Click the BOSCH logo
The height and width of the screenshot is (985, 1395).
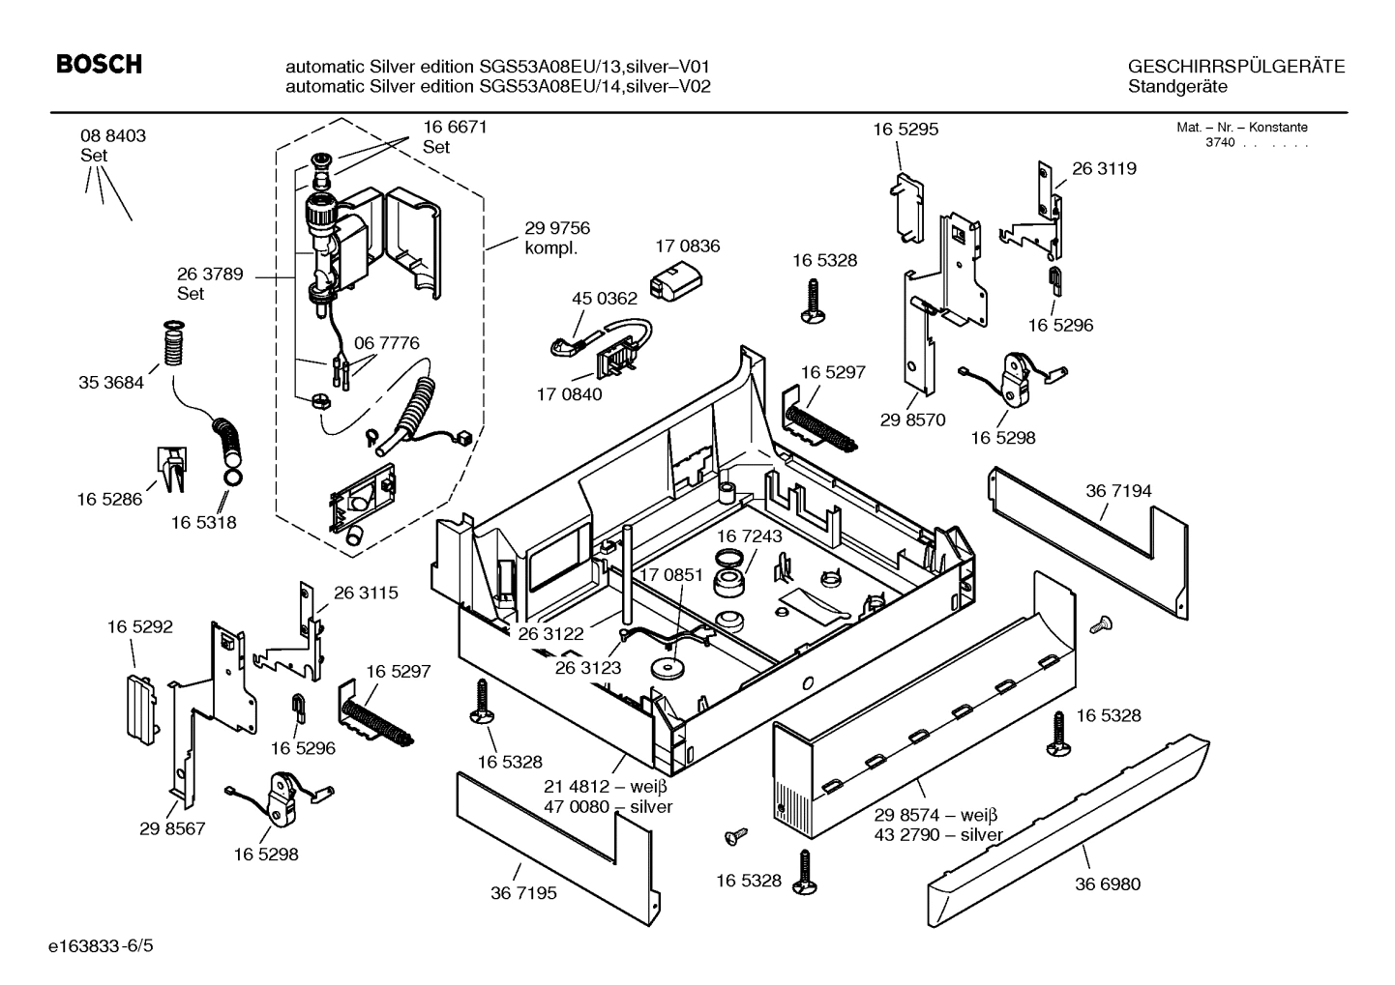coord(99,65)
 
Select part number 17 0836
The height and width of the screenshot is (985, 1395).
coord(687,246)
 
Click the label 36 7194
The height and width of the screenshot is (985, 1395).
coord(1118,491)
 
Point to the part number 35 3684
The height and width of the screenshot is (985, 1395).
coord(110,383)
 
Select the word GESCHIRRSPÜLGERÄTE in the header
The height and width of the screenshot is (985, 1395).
coord(1236,67)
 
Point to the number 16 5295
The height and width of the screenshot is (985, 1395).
coord(905,129)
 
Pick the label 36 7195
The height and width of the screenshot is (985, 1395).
coord(523,893)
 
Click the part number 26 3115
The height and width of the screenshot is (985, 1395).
coord(366,593)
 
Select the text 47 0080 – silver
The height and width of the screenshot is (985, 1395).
coord(608,807)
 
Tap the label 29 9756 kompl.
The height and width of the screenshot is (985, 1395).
coord(557,238)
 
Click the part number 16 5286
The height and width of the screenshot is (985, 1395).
coord(109,499)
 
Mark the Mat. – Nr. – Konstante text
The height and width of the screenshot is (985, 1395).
coord(1241,127)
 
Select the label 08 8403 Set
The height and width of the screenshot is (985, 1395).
coord(112,145)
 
